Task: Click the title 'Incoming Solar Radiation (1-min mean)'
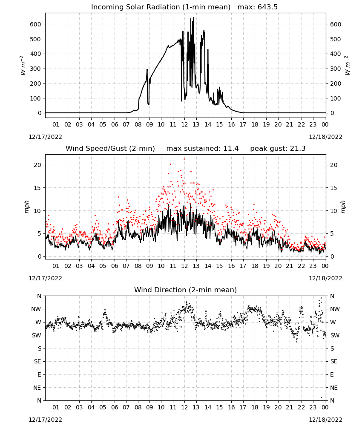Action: point(161,7)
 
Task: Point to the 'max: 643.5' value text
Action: point(258,7)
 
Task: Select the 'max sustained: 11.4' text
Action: point(202,149)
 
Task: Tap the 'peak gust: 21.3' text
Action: point(278,149)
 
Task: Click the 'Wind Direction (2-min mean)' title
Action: point(186,290)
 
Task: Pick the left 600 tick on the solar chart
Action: point(36,24)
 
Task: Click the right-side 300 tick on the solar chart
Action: point(336,69)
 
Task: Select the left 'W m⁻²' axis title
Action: point(23,66)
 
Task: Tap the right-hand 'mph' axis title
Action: point(343,207)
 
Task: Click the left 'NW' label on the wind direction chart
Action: point(36,309)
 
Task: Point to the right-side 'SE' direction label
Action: point(334,362)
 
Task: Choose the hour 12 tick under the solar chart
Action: point(184,124)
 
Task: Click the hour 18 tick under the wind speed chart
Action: point(255,266)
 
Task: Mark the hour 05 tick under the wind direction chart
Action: point(103,407)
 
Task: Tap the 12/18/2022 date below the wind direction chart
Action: point(325,420)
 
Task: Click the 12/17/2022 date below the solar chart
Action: point(45,137)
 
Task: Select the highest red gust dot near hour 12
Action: point(184,159)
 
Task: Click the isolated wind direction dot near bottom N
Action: point(322,398)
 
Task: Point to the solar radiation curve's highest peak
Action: point(193,17)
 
